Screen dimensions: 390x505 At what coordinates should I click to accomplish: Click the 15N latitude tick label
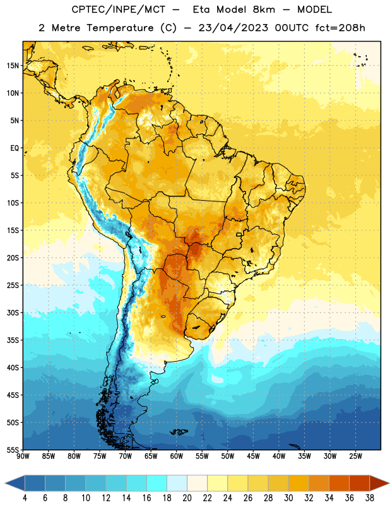click(13, 66)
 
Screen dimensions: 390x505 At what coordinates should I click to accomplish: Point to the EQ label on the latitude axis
click(15, 148)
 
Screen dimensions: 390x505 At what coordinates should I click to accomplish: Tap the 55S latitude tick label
click(13, 449)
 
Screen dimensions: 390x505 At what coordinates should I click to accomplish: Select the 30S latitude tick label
click(13, 312)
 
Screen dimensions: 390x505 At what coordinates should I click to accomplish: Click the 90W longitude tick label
click(23, 456)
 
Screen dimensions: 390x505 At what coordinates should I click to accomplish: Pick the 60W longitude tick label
click(177, 456)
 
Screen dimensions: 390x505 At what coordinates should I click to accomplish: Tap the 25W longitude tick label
click(355, 456)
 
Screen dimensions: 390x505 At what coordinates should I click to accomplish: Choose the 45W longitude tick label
click(253, 456)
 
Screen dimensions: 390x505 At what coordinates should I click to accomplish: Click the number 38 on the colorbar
click(370, 498)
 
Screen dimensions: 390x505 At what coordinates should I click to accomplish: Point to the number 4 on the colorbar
click(25, 498)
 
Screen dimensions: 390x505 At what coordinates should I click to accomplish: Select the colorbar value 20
click(187, 498)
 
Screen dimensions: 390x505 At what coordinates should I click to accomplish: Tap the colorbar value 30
click(288, 498)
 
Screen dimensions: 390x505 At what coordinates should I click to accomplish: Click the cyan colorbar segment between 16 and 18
click(157, 484)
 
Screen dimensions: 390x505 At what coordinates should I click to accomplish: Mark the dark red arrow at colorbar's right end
click(379, 484)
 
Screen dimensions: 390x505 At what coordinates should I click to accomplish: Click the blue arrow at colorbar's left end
click(15, 484)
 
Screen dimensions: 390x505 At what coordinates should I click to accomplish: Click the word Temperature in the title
click(120, 28)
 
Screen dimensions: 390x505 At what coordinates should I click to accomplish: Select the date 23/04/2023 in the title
click(233, 28)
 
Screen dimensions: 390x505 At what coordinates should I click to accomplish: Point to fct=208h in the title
click(340, 28)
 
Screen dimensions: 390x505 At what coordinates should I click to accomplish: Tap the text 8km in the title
click(264, 9)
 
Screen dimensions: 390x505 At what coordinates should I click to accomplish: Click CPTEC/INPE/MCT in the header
click(118, 9)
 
